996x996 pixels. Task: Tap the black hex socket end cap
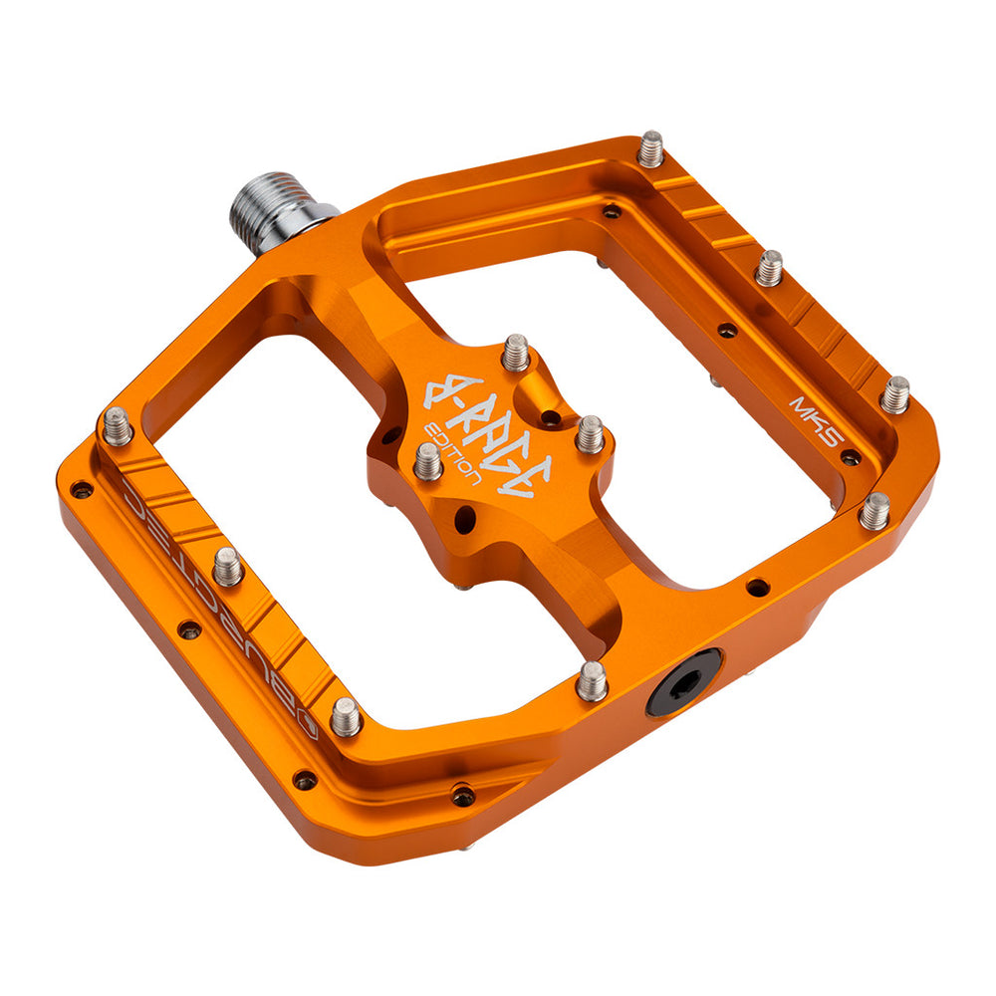click(683, 680)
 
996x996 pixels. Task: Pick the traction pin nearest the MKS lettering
click(894, 394)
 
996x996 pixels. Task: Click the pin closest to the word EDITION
click(427, 460)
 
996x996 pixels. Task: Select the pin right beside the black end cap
click(592, 680)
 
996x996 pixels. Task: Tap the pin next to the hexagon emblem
click(346, 715)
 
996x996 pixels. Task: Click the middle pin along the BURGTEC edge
click(228, 566)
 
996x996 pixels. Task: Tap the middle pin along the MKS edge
click(768, 267)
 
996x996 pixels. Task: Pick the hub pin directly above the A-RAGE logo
click(515, 352)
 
